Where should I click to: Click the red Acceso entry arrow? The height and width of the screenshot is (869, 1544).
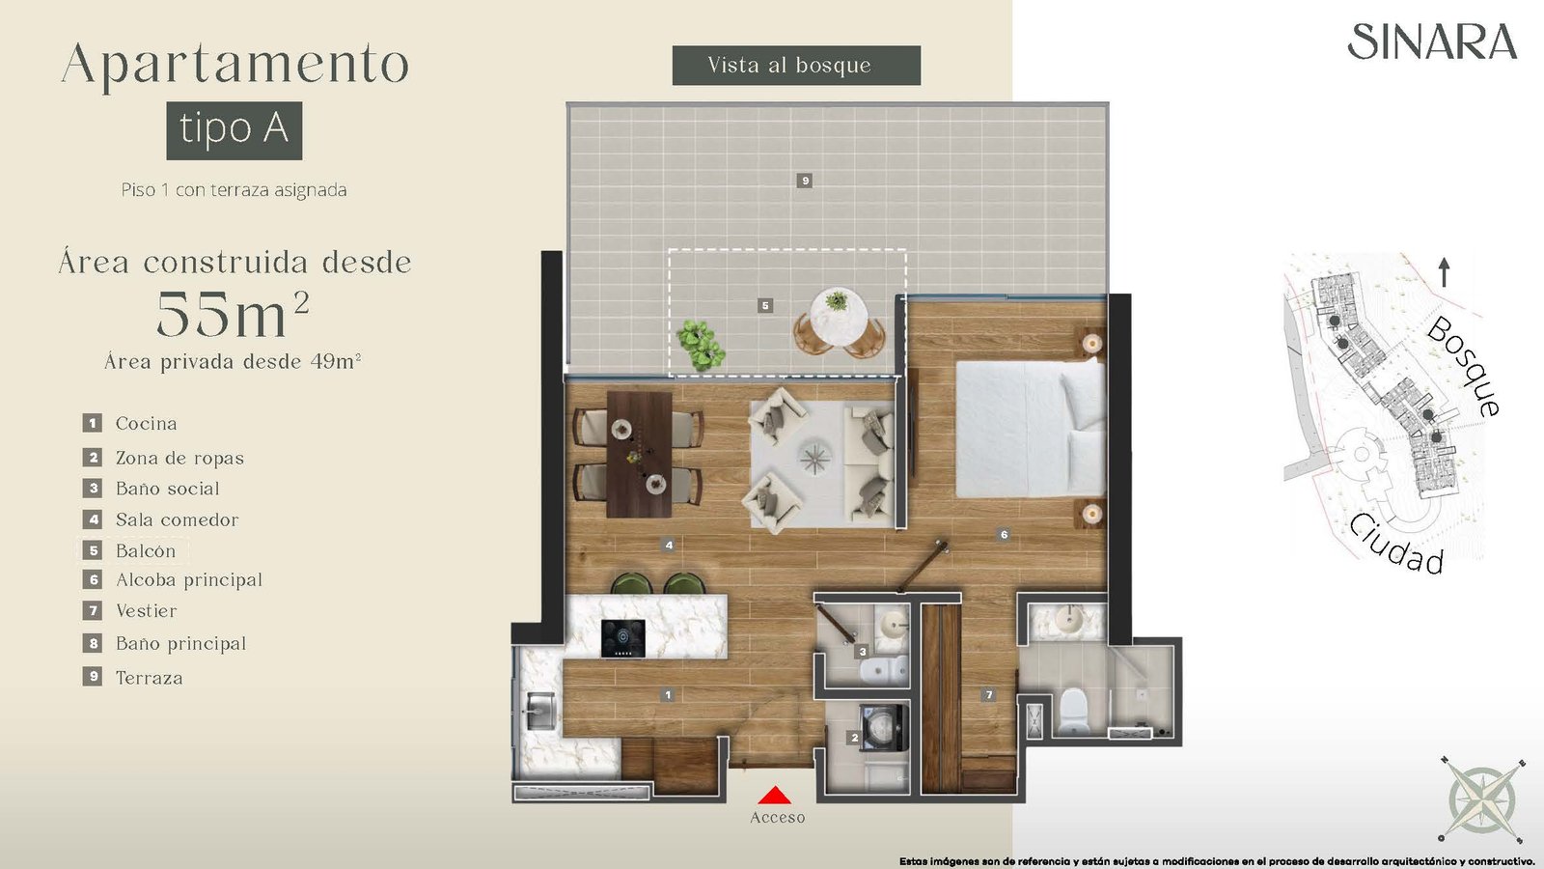(x=774, y=796)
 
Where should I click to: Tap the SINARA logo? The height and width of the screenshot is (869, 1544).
(x=1432, y=42)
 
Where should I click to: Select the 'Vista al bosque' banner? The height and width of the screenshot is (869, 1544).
(x=796, y=66)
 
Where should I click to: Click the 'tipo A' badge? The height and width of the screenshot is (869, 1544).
(x=234, y=130)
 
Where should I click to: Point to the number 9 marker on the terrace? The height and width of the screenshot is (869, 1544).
(x=805, y=181)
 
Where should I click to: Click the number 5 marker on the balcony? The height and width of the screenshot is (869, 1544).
(x=764, y=305)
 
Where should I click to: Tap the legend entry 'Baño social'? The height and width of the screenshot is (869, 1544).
(x=151, y=489)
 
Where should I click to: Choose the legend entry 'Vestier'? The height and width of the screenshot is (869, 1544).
(x=130, y=610)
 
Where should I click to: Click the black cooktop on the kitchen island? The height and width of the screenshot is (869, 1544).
(x=623, y=638)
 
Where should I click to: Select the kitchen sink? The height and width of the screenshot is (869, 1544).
(x=540, y=711)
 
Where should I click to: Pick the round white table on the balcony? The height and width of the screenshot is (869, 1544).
(x=839, y=315)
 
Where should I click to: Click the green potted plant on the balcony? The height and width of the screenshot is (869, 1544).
(x=701, y=345)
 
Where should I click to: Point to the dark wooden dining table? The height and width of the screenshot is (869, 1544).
(x=639, y=455)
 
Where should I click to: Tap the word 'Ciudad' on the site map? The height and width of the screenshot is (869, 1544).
(x=1395, y=545)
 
